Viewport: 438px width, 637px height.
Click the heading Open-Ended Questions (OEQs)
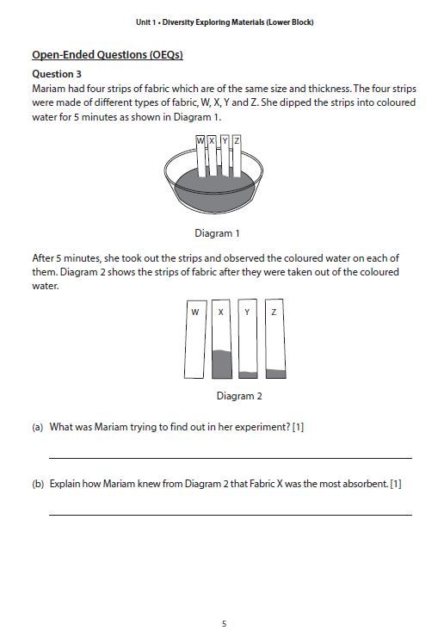tap(108, 56)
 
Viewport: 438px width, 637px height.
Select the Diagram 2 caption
tap(239, 396)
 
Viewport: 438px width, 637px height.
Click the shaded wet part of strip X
tap(221, 364)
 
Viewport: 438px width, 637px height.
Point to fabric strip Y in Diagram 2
tap(247, 340)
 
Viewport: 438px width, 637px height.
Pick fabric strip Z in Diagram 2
tap(274, 340)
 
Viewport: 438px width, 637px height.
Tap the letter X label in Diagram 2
tap(221, 312)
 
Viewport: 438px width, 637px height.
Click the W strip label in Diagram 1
tap(200, 140)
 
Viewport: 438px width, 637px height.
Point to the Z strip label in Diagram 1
tap(237, 140)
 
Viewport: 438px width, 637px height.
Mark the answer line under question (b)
tap(230, 515)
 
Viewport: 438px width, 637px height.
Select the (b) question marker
tap(38, 484)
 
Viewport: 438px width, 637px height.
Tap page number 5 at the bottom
tap(224, 624)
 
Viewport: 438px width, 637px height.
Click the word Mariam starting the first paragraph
tap(47, 89)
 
